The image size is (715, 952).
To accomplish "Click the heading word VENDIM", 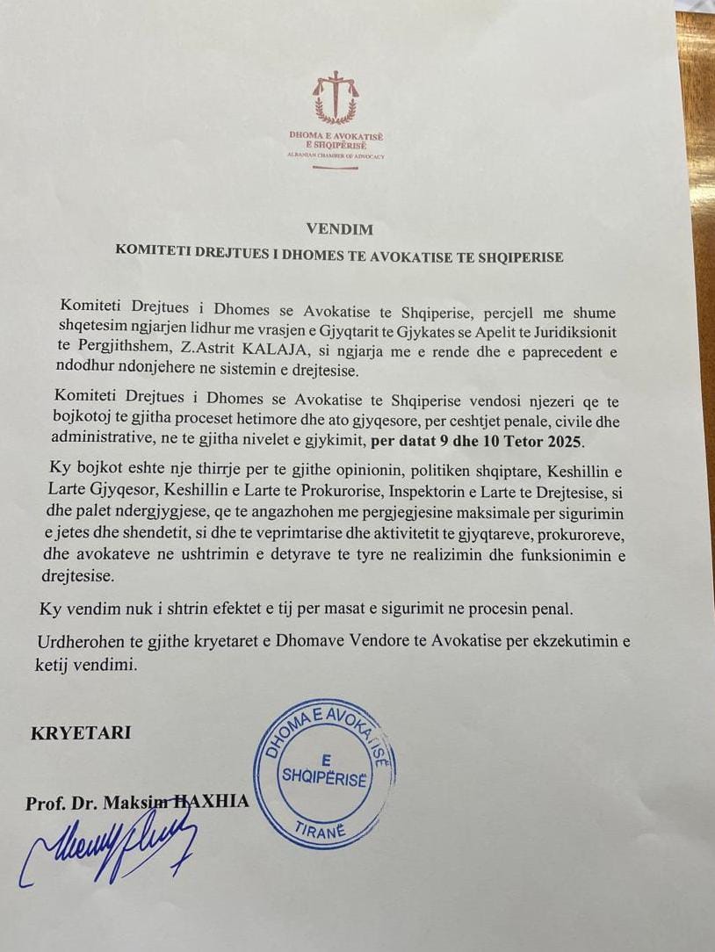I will point(340,230).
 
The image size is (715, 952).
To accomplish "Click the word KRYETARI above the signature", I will point(81,732).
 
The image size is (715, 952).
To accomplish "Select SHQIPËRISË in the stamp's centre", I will point(323,776).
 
